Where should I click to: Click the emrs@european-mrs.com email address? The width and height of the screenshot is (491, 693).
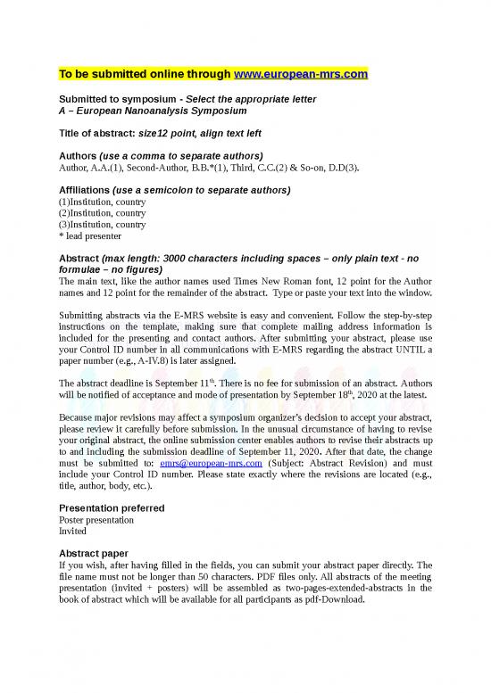211,463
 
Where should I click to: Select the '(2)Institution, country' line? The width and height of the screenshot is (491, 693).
102,213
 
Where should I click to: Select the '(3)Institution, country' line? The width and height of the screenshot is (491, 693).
102,225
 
